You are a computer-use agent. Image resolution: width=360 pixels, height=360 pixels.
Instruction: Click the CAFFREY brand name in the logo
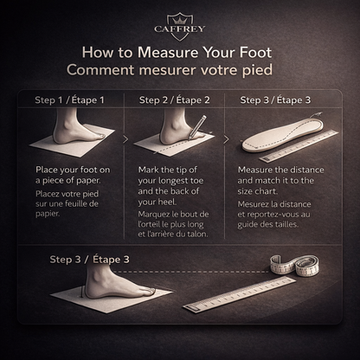pos(179,29)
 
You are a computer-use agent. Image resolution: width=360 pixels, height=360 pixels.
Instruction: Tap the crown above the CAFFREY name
pos(179,20)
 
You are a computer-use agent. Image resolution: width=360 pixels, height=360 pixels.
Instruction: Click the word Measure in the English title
pos(168,53)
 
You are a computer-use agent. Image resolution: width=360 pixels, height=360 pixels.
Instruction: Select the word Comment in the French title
pos(100,70)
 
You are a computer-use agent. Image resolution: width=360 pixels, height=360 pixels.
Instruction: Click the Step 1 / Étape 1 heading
pos(69,100)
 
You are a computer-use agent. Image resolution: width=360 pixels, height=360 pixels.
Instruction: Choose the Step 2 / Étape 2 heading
pos(175,100)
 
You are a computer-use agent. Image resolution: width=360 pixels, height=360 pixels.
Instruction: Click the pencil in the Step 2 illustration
pos(197,127)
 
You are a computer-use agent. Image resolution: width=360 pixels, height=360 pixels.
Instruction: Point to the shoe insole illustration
pos(282,135)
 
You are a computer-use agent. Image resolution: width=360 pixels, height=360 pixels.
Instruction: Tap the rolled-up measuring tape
pos(295,266)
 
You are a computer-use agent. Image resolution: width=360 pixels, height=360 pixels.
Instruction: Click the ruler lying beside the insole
pos(299,146)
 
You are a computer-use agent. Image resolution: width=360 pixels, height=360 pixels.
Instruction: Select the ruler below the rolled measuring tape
pos(239,295)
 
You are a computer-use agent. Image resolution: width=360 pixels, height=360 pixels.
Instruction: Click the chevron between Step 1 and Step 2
pos(125,139)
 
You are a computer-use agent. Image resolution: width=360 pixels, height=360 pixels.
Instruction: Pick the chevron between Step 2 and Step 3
pos(227,139)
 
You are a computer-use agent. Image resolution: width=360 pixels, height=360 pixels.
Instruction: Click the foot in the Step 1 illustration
pos(76,127)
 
